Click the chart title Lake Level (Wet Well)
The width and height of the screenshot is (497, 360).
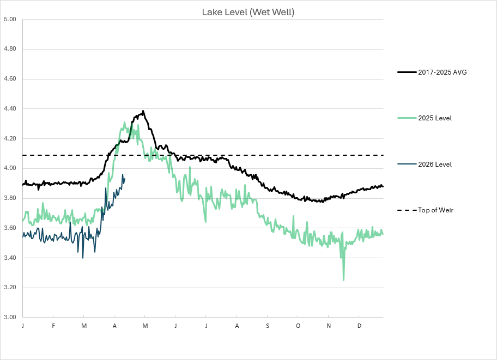(248, 12)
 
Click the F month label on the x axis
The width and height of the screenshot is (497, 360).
(53, 326)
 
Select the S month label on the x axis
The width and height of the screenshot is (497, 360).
(268, 326)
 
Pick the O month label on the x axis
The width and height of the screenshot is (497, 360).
(298, 326)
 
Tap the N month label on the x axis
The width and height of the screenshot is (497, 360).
(329, 326)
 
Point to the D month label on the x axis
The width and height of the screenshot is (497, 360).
(359, 326)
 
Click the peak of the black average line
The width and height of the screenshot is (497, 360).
(143, 111)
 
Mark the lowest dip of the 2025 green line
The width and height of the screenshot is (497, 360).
(343, 280)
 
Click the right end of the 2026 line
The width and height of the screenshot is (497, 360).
(125, 178)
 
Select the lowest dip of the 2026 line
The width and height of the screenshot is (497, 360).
(83, 257)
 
